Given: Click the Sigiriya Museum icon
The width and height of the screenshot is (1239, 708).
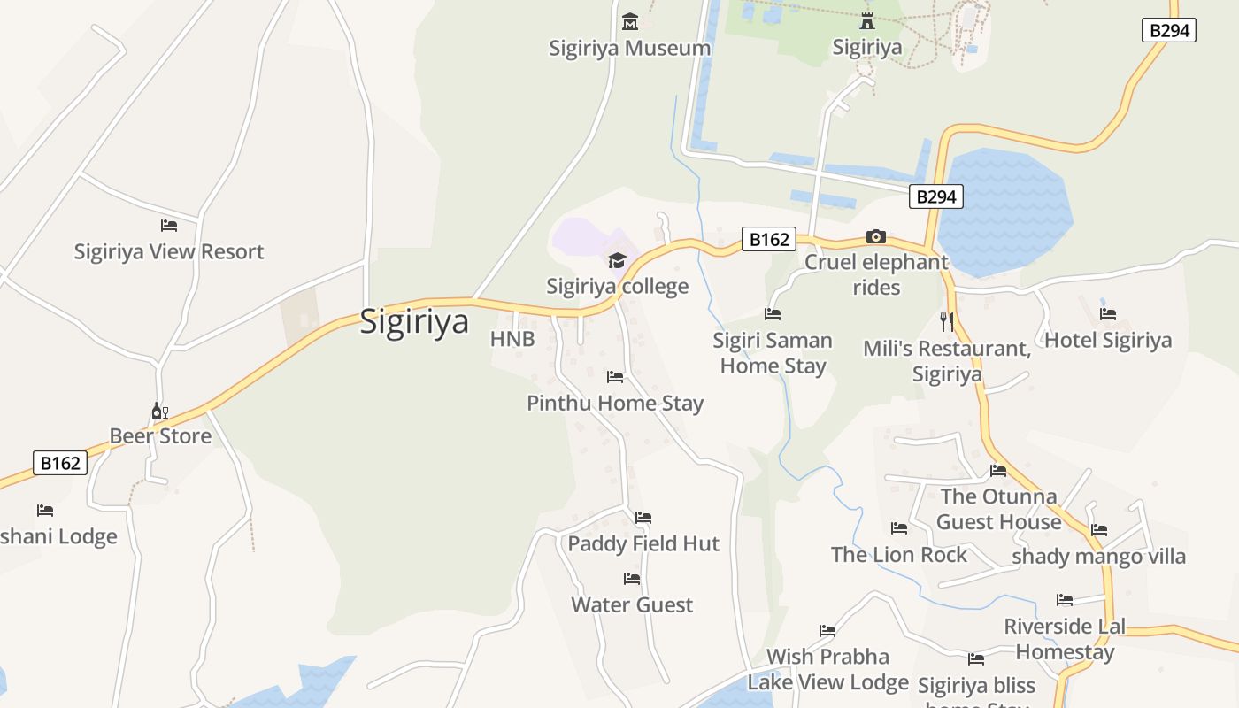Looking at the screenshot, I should tap(630, 21).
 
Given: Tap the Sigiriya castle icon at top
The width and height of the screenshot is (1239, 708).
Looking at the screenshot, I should tap(866, 21).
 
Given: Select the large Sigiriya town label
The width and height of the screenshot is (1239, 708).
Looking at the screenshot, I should tap(414, 321).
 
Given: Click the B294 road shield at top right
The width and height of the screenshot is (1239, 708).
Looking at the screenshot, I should tap(1168, 30).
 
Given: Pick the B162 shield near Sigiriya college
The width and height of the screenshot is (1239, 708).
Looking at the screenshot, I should tap(768, 239).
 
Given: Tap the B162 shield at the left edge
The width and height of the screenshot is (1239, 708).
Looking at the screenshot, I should tap(60, 463).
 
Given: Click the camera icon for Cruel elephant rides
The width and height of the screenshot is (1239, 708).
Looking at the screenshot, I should tap(875, 236).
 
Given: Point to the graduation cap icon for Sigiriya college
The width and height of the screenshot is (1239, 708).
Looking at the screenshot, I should tap(617, 260).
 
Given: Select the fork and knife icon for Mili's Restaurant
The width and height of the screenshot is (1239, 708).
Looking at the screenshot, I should tap(947, 321).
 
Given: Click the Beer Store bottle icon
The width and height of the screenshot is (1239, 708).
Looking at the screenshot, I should tap(159, 411).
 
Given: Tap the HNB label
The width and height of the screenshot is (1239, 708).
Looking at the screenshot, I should tap(512, 340).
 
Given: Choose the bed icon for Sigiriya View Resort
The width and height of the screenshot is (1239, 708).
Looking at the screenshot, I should tap(169, 226).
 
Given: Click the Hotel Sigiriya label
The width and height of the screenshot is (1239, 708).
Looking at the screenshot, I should tap(1108, 341).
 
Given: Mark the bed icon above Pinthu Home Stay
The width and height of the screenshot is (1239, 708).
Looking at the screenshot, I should tap(615, 377).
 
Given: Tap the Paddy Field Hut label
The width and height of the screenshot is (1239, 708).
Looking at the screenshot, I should tap(643, 543).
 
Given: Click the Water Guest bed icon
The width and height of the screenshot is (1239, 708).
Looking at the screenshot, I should tap(632, 579).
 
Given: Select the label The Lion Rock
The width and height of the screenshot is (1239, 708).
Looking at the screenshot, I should tap(898, 555).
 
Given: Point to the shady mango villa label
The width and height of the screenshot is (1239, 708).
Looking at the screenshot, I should tap(1098, 557).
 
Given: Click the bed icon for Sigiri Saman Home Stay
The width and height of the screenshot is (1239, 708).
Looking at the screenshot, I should tap(773, 314).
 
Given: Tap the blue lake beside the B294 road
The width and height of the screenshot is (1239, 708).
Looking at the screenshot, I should tap(1004, 212).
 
